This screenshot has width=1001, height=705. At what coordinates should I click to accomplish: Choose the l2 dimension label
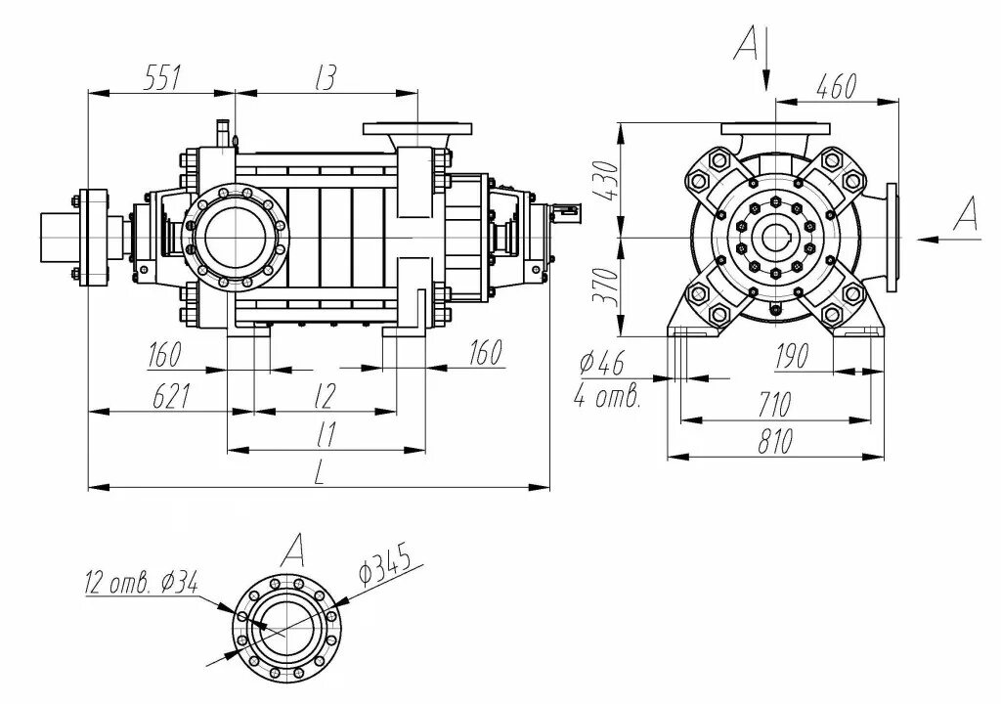325,396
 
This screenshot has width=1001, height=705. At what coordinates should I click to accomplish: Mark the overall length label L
320,472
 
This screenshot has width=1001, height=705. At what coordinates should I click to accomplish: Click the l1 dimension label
326,434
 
